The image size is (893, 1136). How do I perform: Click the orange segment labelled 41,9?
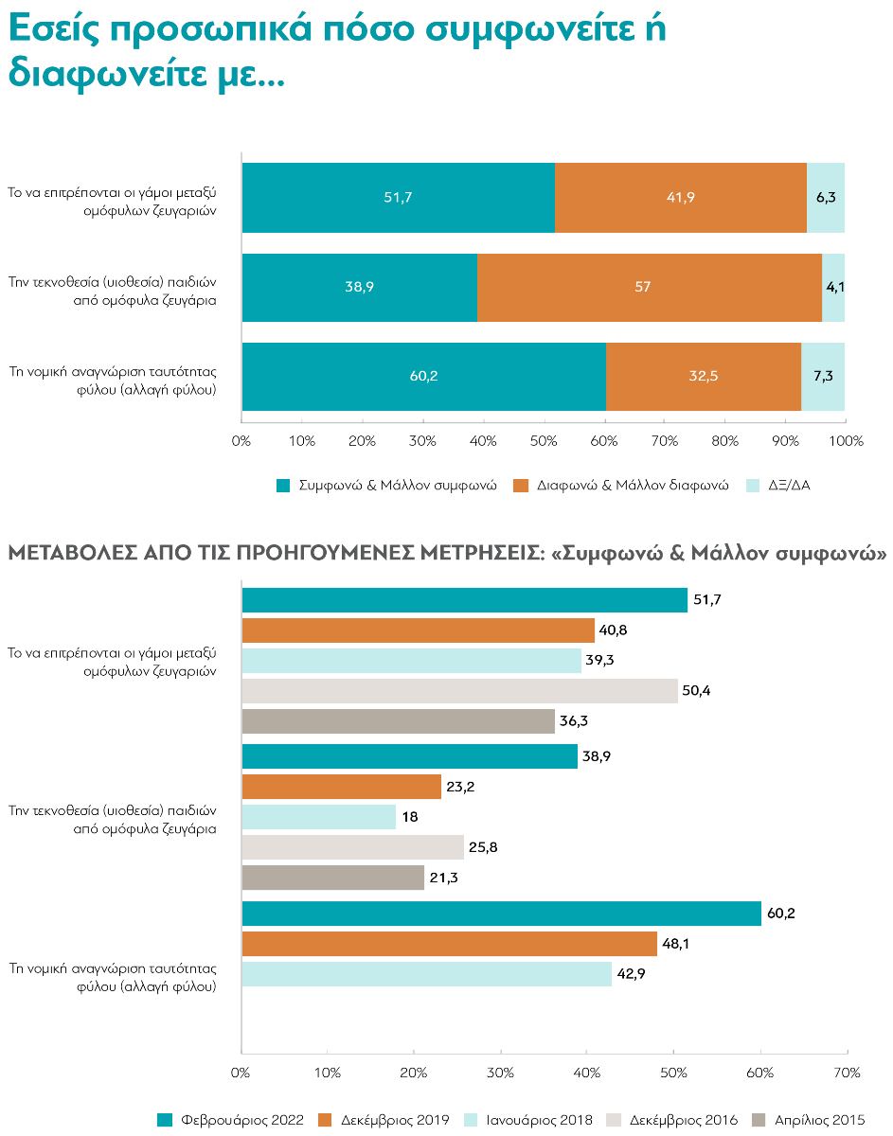(x=680, y=198)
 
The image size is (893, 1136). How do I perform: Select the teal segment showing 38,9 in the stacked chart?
(x=359, y=287)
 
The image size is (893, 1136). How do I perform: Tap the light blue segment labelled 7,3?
(x=823, y=376)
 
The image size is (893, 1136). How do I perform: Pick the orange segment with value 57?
(x=649, y=287)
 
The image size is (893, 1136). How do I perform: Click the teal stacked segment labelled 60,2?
(x=423, y=376)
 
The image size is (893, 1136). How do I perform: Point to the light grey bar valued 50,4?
(x=459, y=691)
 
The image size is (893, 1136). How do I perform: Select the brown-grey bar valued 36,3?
(x=398, y=721)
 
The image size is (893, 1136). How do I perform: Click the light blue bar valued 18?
(x=318, y=817)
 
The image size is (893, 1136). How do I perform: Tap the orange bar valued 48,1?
(x=449, y=944)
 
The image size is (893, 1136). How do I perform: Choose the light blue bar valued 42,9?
(x=426, y=974)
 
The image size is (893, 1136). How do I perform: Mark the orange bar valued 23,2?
(x=341, y=787)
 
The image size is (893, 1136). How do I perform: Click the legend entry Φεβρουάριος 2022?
(x=231, y=1120)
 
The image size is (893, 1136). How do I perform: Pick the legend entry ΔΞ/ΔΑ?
(x=778, y=486)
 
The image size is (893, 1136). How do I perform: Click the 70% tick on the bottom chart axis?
(x=847, y=1073)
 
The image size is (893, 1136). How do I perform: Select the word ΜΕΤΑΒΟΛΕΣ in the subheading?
(x=67, y=554)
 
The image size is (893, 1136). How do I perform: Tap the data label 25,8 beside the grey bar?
(x=483, y=847)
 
